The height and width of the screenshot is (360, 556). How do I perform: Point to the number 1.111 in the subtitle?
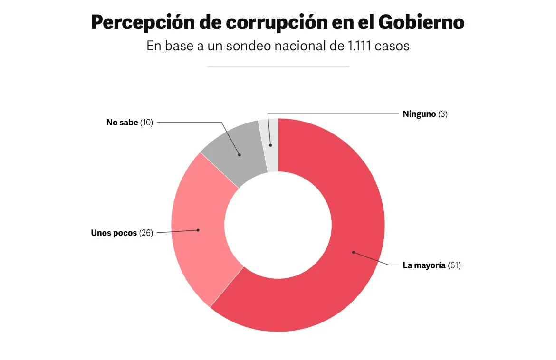355,47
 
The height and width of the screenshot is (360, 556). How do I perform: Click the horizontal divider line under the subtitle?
278,67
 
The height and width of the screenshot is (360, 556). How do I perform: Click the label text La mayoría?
424,265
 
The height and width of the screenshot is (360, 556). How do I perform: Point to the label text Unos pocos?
114,233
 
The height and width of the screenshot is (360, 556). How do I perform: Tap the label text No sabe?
122,123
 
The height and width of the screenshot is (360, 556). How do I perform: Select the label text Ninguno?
419,114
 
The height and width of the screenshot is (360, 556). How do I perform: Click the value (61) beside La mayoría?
454,265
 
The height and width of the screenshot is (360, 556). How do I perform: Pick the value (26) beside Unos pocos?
146,233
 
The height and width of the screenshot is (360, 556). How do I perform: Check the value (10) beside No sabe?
146,123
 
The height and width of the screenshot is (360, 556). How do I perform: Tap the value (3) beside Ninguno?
443,114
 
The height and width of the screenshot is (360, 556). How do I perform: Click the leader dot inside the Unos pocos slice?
198,230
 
